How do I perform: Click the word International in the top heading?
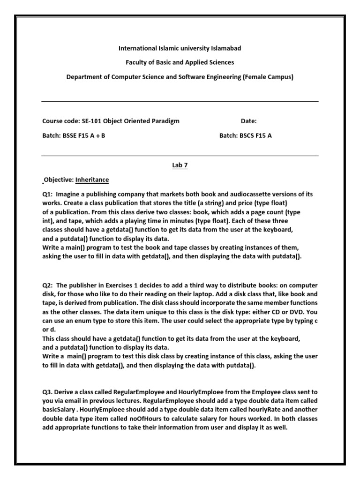(137, 48)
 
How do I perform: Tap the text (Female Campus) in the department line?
(268, 77)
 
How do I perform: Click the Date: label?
(248, 121)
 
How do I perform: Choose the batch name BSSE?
(71, 136)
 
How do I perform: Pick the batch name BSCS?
(248, 136)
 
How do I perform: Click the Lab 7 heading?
(180, 165)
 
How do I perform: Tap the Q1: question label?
(48, 194)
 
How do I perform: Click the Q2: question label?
(48, 285)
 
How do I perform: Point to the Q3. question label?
(48, 392)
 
